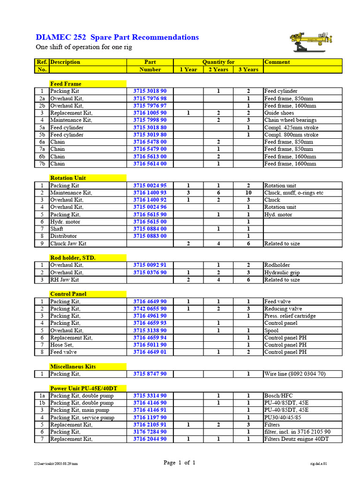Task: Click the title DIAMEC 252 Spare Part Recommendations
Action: point(117,37)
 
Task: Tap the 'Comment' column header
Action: point(277,62)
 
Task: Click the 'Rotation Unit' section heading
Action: point(68,178)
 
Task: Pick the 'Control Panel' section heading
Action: point(68,294)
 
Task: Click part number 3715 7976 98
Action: point(150,98)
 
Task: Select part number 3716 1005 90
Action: point(150,113)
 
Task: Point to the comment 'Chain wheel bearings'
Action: point(290,120)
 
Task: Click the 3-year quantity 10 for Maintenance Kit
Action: point(248,193)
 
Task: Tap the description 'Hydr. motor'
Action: point(65,222)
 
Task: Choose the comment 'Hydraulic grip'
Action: point(282,272)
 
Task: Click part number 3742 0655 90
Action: point(150,309)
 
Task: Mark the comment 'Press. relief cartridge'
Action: point(290,316)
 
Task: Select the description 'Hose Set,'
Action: point(62,345)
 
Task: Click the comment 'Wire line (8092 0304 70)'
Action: point(295,374)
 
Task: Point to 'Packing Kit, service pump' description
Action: point(82,417)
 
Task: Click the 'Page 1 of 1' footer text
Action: point(180,463)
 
